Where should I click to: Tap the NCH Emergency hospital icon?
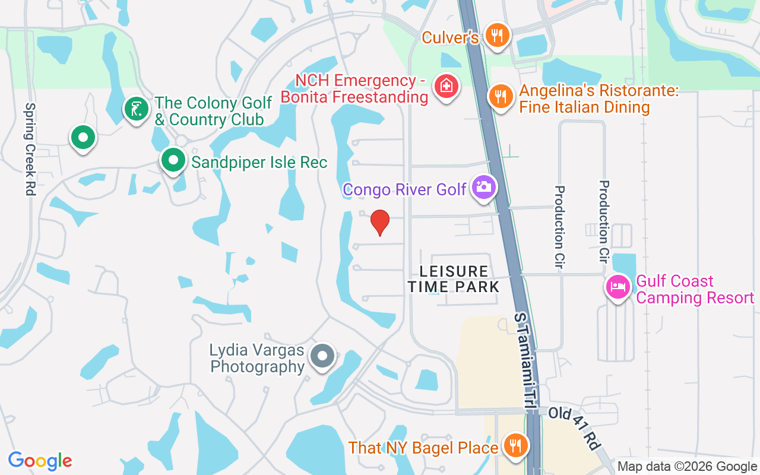coord(446,87)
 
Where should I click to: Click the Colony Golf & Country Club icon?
coord(136,109)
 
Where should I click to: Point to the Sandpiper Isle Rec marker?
coord(173,160)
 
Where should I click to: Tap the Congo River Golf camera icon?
coord(484,187)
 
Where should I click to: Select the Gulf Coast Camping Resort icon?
coord(618,287)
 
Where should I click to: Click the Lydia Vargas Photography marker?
coord(323,356)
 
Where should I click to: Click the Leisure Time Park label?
coord(454,279)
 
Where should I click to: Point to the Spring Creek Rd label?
coord(30,149)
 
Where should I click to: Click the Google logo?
coord(40,461)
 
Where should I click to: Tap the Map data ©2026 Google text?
coord(687,467)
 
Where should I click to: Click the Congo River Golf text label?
coord(405,189)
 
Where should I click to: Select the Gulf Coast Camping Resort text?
coord(695,289)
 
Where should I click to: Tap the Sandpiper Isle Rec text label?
coord(259,161)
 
